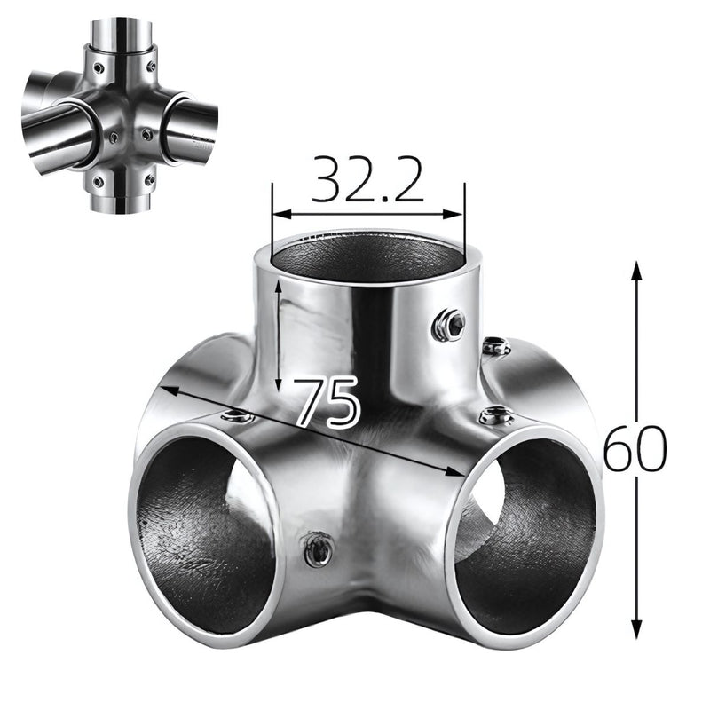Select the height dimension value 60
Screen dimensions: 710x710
tap(634, 450)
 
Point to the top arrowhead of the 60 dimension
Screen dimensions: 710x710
tap(635, 267)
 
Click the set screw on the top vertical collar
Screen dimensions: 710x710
tap(449, 325)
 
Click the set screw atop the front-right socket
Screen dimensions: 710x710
tap(493, 414)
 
